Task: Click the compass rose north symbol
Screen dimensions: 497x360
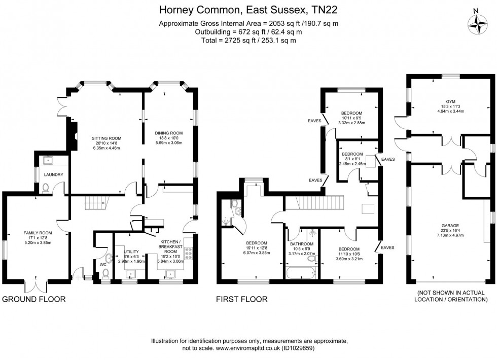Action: [477, 24]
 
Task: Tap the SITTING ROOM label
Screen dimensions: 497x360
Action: [106, 138]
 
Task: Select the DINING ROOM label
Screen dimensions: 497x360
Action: [168, 133]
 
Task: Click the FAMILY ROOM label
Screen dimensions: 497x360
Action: [38, 233]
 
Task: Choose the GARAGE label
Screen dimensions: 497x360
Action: [450, 226]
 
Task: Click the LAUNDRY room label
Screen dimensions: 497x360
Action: [54, 174]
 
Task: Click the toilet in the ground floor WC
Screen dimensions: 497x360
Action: [105, 273]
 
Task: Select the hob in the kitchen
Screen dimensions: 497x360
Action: [189, 254]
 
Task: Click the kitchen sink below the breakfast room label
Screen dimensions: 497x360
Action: [170, 273]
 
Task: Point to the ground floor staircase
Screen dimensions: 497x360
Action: [95, 202]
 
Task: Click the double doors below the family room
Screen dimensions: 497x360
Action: [36, 286]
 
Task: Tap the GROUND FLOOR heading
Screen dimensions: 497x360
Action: [34, 299]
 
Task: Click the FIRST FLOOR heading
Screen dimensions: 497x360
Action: [242, 299]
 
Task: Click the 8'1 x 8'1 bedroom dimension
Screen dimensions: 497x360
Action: [352, 159]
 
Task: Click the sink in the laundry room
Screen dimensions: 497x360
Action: [48, 160]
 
